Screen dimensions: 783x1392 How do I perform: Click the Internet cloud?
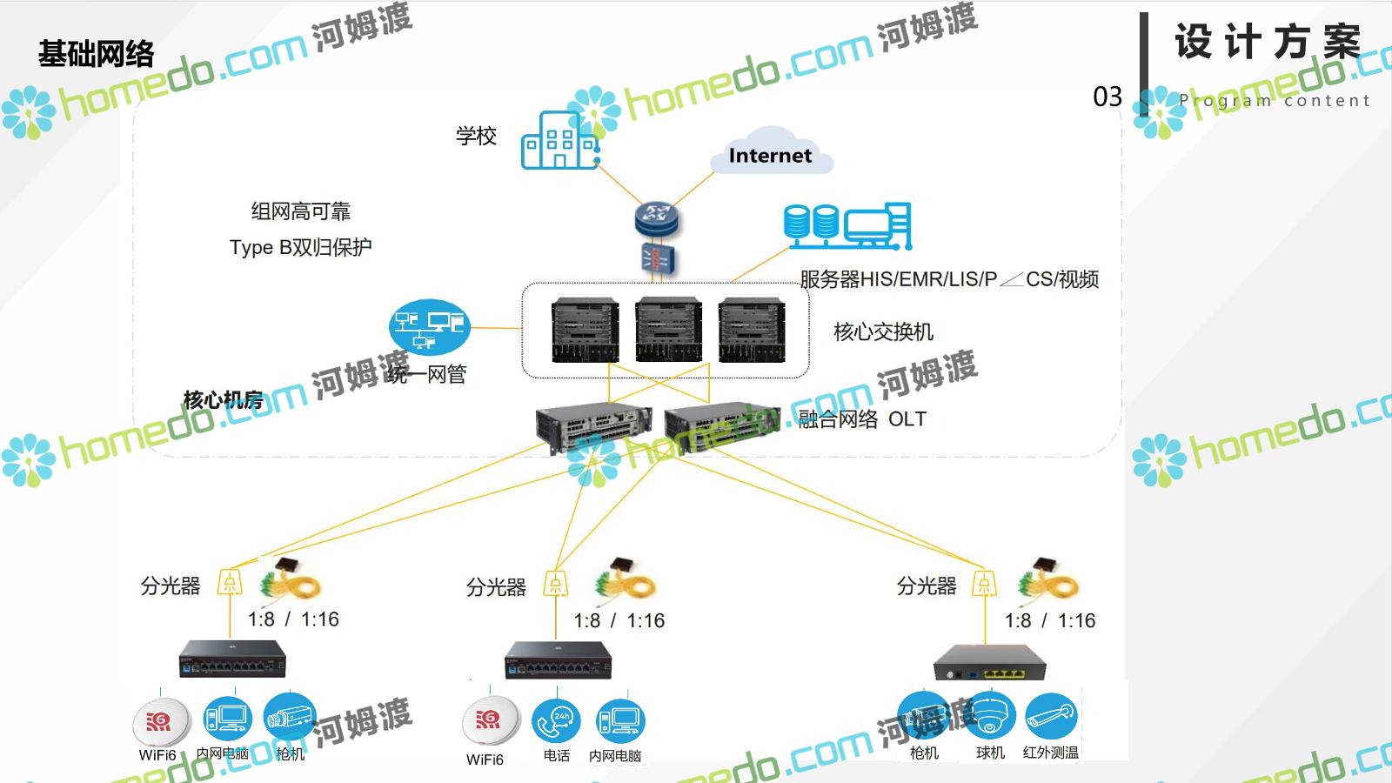coord(770,154)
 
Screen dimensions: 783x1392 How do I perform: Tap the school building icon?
coord(559,141)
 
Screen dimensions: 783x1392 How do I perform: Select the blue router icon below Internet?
coord(656,218)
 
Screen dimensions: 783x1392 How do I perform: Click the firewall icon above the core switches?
coord(657,259)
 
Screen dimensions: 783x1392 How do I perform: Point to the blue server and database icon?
coord(847,226)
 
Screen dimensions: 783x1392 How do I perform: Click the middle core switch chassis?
coord(668,330)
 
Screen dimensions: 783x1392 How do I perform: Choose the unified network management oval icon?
coord(429,327)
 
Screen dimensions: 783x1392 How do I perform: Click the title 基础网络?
coord(96,54)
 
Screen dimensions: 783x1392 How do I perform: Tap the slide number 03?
coord(1108,97)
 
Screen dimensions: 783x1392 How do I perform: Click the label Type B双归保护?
coord(300,247)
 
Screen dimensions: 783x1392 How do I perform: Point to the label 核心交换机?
coord(883,331)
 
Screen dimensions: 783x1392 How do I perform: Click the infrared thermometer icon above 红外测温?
coord(1051,716)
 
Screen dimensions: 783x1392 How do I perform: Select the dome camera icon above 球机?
coord(990,716)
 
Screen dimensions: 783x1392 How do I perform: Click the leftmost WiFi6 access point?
coord(160,721)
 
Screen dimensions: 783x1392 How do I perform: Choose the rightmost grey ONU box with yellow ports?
coord(989,664)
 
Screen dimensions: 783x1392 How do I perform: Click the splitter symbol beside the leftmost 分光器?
coord(229,582)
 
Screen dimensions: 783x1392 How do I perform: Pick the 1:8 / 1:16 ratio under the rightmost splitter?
coord(1049,620)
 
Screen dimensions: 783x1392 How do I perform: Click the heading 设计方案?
coord(1268,42)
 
